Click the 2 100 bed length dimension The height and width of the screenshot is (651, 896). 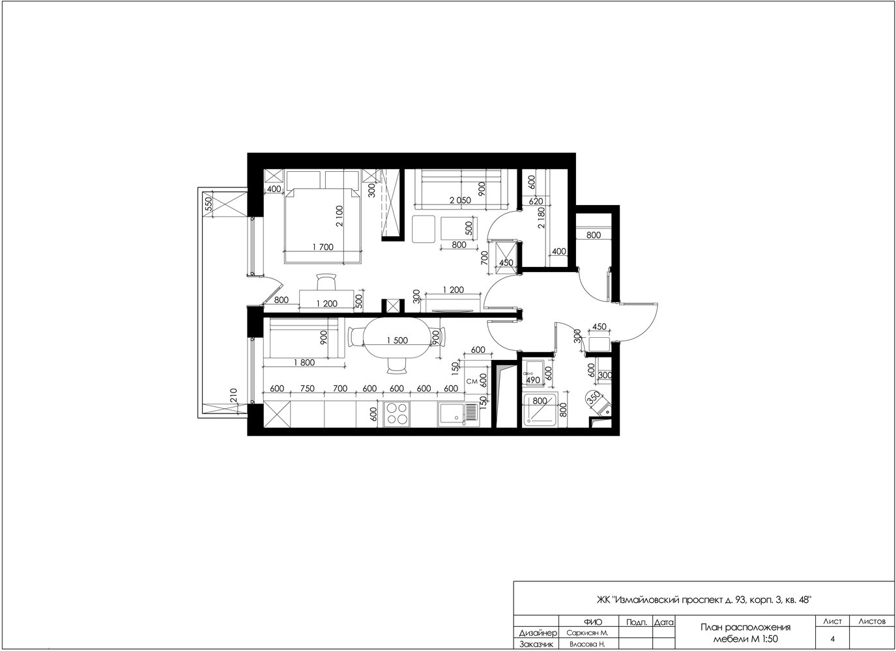[x=340, y=216]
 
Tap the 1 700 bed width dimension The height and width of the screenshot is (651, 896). [x=323, y=247]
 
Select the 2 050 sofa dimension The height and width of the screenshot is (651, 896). [x=461, y=201]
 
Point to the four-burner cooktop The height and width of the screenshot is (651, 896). [x=396, y=413]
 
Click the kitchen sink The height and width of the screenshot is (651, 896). [x=457, y=414]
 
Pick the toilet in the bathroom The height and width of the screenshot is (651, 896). [x=599, y=404]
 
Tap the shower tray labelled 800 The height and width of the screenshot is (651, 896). [x=540, y=409]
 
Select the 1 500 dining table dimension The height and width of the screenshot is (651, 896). [x=397, y=340]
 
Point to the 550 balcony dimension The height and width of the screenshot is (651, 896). [x=209, y=204]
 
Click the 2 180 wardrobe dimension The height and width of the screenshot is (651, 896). [x=542, y=217]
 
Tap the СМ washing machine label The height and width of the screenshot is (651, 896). [x=472, y=381]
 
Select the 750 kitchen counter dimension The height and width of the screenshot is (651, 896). [x=307, y=388]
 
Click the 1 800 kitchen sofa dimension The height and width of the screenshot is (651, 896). [x=304, y=363]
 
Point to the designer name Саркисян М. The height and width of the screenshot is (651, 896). [x=587, y=633]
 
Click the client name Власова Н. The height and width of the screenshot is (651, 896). [x=587, y=644]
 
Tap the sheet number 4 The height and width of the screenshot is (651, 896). [x=832, y=639]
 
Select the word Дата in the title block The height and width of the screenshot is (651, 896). [x=664, y=622]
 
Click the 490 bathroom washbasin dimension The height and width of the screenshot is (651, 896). [x=533, y=380]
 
